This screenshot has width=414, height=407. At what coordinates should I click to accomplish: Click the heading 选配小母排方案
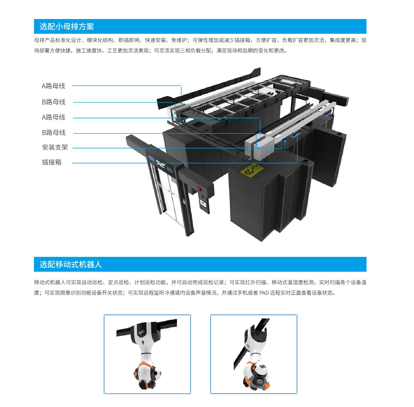point(67,26)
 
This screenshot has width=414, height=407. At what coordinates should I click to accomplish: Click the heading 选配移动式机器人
point(71,264)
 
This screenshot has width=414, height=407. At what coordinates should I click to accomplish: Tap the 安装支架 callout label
point(55,147)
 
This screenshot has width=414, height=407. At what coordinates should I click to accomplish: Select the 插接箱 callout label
point(52,162)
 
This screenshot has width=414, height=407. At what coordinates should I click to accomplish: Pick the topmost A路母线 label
point(54,86)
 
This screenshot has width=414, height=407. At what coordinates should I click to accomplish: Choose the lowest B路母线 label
point(54,133)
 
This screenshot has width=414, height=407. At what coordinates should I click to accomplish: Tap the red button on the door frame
point(198,189)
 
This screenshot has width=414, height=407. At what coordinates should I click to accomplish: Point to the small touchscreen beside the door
point(204,204)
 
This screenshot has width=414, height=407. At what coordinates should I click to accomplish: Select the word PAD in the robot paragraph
point(264,293)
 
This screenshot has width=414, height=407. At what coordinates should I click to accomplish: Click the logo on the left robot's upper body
point(142,333)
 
